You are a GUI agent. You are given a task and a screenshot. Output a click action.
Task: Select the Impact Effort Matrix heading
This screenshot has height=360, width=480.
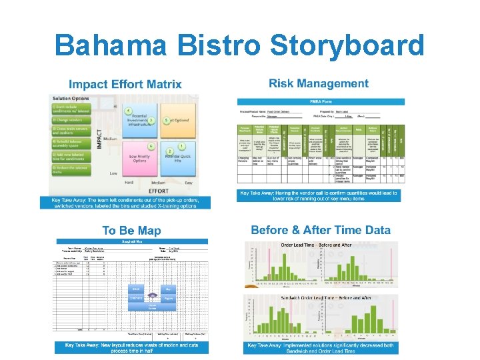125,84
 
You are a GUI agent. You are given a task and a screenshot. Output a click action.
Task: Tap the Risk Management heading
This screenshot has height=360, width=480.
319,84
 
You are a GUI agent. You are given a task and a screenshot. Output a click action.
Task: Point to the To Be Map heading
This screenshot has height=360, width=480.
131,231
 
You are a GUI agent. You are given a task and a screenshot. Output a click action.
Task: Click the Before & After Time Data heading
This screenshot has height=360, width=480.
320,230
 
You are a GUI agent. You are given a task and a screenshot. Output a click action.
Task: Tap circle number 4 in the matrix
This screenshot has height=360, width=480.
129,110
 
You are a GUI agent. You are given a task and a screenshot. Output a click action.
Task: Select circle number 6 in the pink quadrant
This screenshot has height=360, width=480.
152,146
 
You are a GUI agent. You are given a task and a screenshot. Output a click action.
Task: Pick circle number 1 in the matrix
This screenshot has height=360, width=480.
182,146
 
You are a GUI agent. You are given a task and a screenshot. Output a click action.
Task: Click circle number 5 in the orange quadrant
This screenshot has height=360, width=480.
151,121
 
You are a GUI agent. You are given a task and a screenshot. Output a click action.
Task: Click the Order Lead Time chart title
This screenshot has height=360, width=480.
317,245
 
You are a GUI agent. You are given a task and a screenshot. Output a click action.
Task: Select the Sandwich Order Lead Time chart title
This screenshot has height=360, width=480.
317,297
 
